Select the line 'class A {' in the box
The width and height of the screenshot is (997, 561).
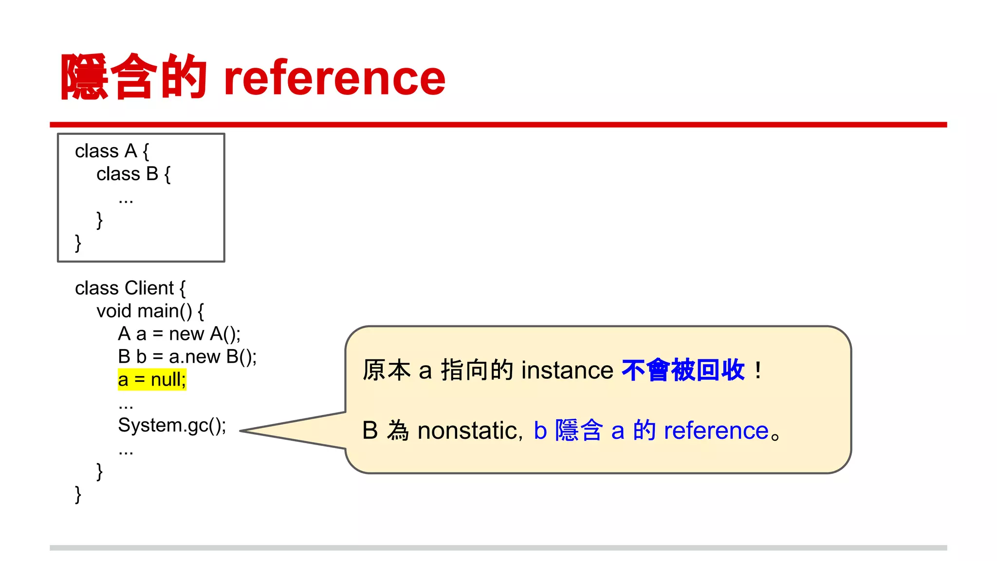click(112, 151)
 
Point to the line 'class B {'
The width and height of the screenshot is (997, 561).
click(133, 174)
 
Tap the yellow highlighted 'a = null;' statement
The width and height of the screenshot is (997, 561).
click(152, 379)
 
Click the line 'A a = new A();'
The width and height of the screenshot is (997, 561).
click(179, 334)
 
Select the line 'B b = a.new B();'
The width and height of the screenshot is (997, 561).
click(187, 357)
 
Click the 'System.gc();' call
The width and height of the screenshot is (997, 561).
click(172, 426)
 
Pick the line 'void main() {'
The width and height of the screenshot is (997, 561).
click(150, 311)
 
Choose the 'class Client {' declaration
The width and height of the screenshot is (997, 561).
click(130, 288)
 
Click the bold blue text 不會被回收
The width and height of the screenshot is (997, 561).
click(683, 370)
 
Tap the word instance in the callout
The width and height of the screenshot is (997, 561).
click(567, 371)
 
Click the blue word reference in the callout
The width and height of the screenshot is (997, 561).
click(716, 431)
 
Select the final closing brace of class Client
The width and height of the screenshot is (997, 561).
click(78, 494)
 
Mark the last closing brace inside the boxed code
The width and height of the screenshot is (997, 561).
click(78, 243)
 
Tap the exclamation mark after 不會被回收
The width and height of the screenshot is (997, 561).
click(758, 371)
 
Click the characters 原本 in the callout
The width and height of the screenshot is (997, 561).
click(387, 371)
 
